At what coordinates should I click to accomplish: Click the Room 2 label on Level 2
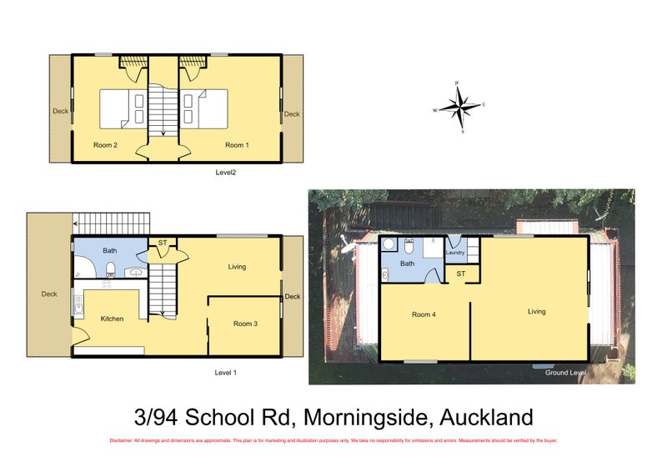(105, 145)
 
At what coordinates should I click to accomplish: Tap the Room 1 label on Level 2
(236, 145)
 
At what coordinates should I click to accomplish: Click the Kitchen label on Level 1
(113, 319)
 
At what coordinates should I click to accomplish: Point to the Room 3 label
(245, 324)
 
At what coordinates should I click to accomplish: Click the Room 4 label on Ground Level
(424, 314)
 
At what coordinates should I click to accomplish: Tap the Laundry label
(454, 253)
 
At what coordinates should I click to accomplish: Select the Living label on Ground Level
(536, 311)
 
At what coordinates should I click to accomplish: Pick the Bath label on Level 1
(110, 250)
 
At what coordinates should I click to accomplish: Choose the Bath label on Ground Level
(408, 264)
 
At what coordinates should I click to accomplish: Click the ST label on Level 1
(163, 244)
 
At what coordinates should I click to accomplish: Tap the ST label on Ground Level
(461, 273)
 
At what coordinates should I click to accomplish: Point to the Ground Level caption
(566, 372)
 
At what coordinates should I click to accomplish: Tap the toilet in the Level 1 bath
(110, 269)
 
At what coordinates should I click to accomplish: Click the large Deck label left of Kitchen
(49, 294)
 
